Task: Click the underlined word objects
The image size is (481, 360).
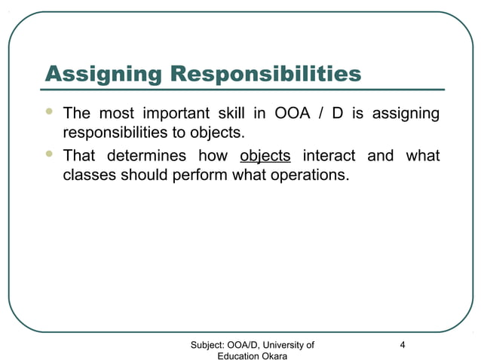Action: (265, 157)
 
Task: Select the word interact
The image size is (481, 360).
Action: (329, 157)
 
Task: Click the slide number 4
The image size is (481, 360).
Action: (403, 345)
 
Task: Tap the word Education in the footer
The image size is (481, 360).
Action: (236, 355)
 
